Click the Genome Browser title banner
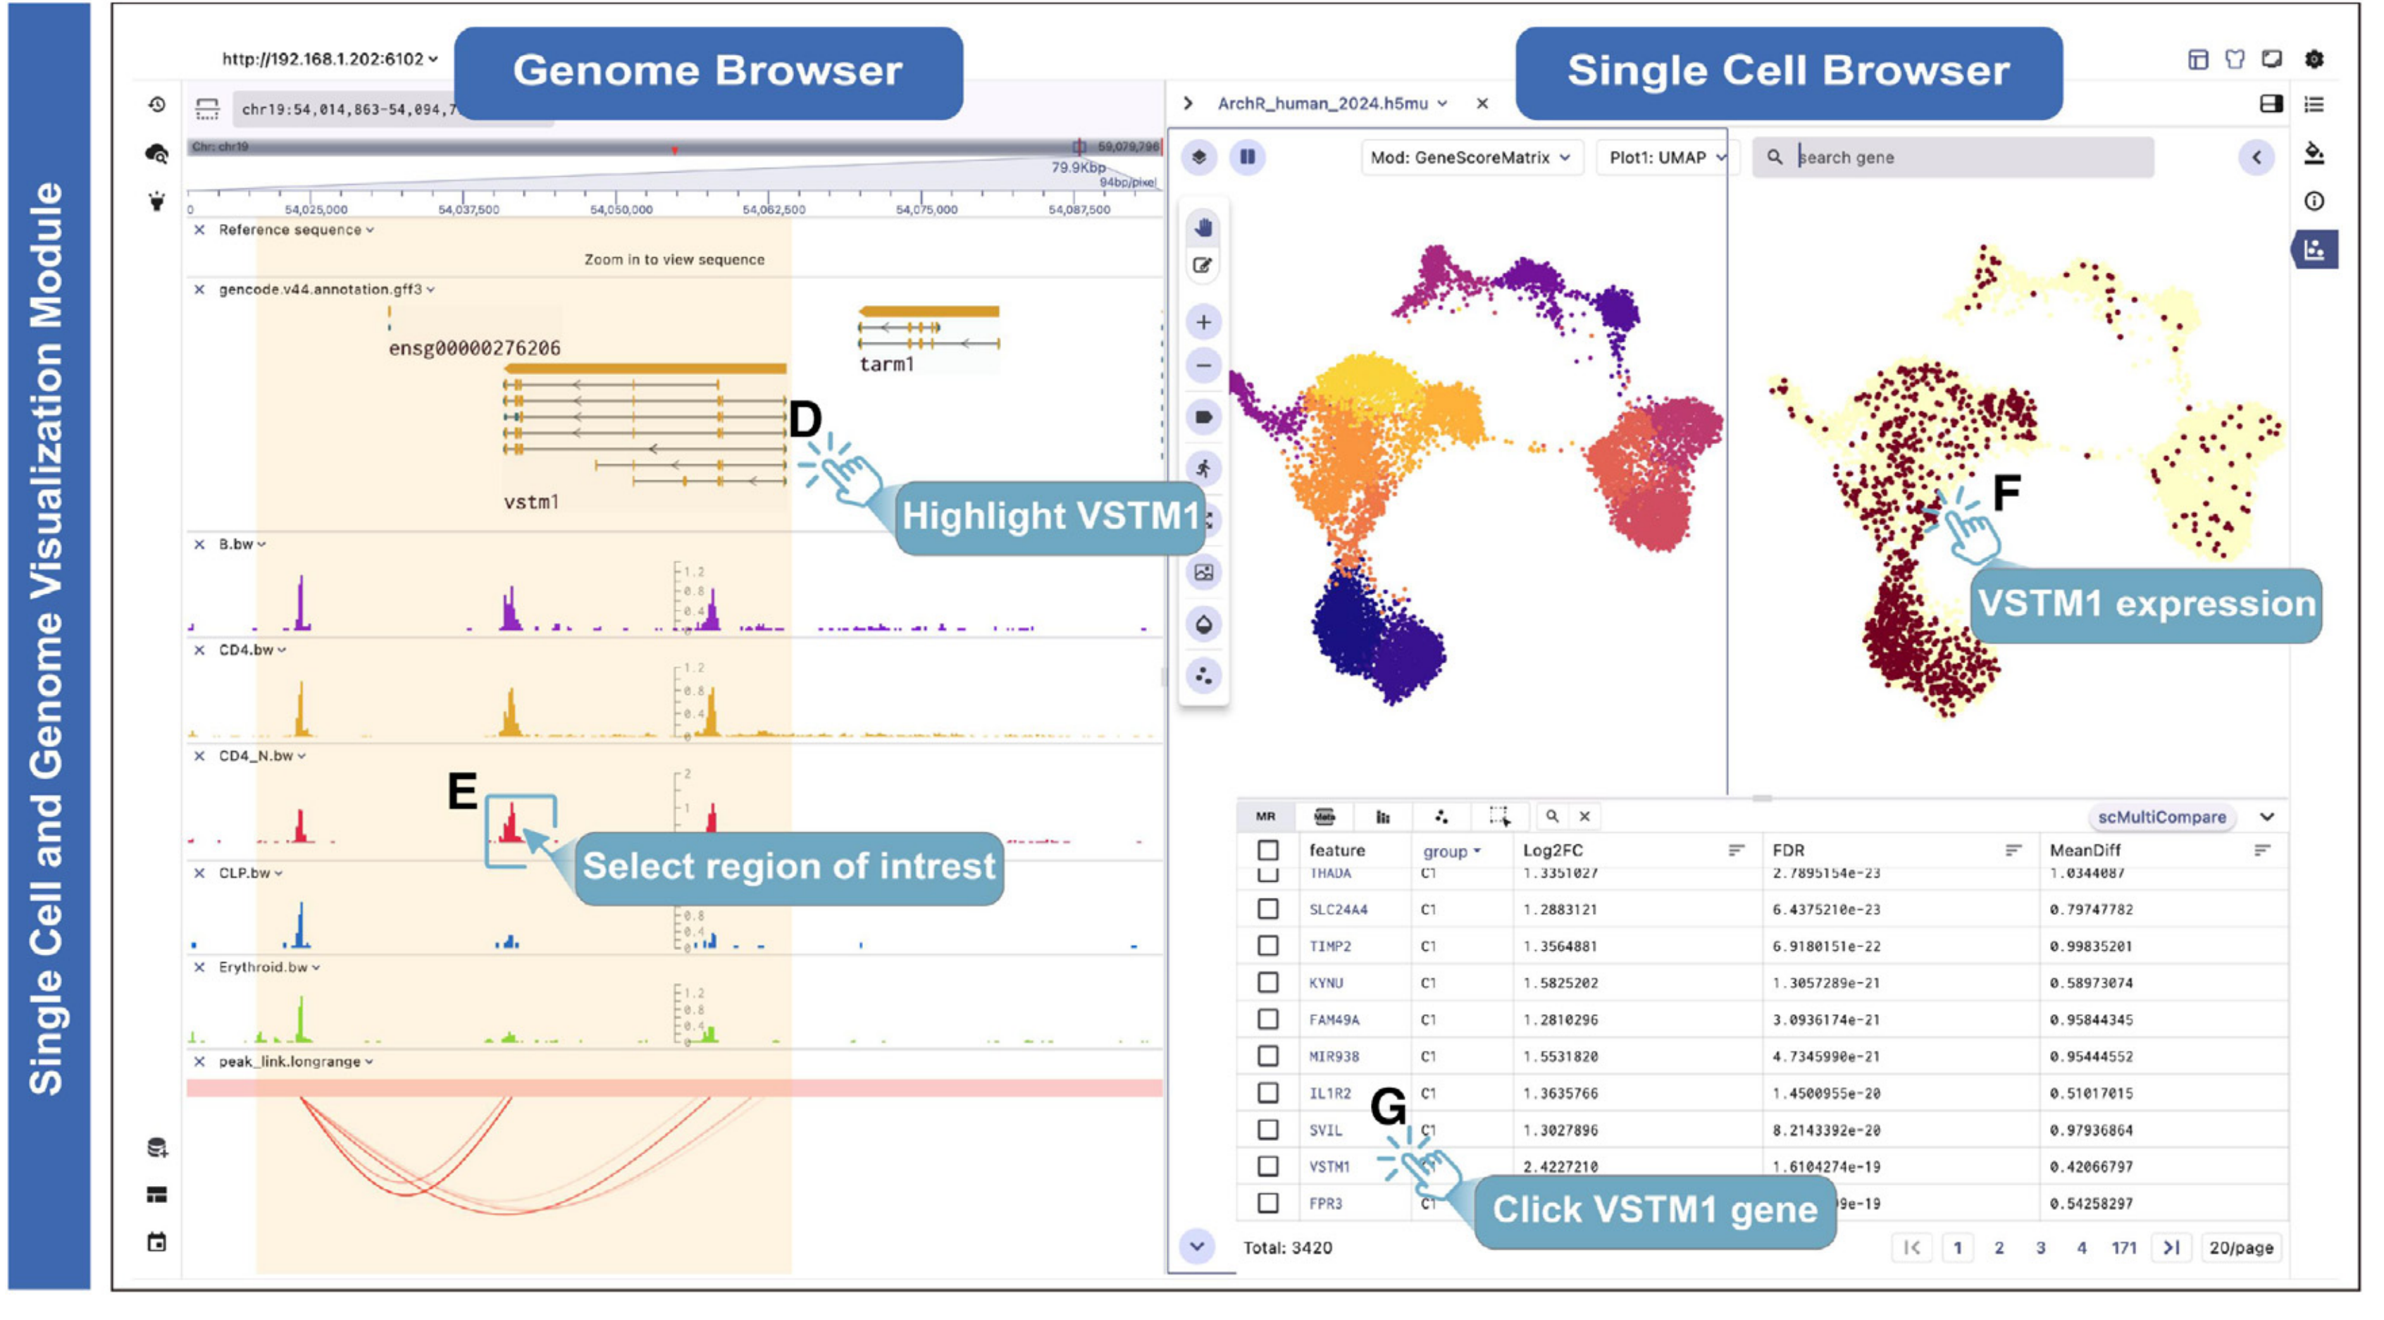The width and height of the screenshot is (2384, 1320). pos(708,71)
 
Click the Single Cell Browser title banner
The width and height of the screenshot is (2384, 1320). pos(1788,71)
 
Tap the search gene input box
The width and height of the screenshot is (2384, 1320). pos(1962,157)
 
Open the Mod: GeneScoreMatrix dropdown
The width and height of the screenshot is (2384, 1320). pos(1470,157)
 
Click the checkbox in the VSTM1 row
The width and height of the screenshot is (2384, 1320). pos(1268,1166)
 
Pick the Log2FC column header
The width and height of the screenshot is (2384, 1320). pos(1553,850)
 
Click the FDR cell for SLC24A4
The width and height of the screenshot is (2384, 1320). pos(1826,909)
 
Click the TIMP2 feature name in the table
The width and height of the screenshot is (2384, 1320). pos(1330,946)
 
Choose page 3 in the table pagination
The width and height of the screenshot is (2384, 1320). pos(2040,1248)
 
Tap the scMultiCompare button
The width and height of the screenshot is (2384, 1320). pos(2161,816)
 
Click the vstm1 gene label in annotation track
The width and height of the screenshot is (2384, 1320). pos(531,502)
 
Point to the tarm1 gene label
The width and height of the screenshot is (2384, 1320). pos(886,364)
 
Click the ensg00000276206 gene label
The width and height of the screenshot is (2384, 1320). pos(474,348)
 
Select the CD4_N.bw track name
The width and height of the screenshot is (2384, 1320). pos(256,755)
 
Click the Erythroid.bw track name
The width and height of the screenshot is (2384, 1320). pos(263,968)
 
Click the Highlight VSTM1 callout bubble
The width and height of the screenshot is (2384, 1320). pos(1050,517)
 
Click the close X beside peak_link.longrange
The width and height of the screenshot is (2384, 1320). pos(199,1062)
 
